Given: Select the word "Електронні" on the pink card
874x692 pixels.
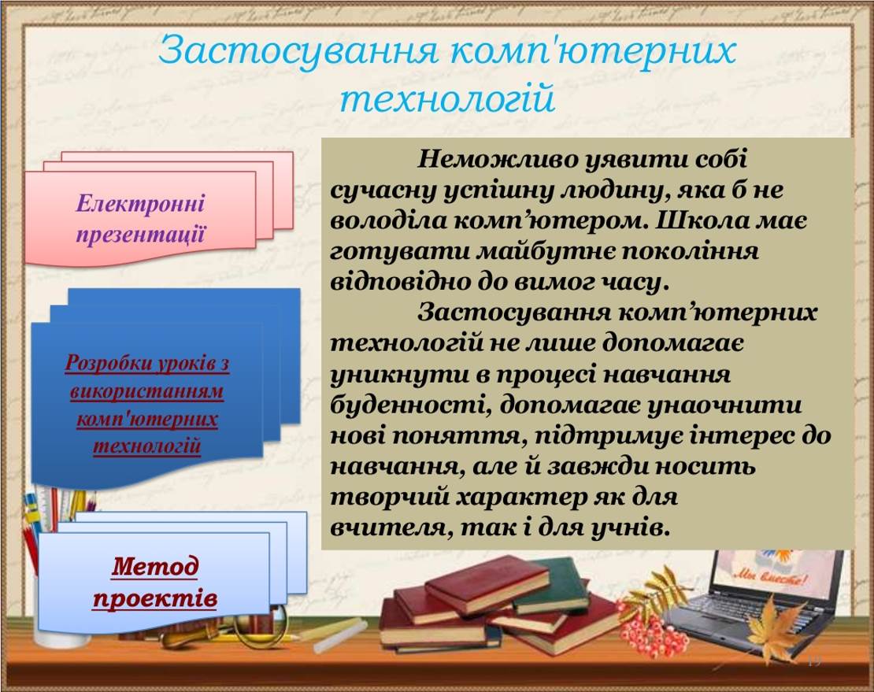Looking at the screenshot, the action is point(140,203).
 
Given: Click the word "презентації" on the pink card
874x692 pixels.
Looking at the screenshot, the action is point(140,234).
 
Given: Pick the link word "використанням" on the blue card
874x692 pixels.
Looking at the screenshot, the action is point(146,392).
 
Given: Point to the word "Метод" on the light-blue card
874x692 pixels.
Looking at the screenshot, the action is point(155,566).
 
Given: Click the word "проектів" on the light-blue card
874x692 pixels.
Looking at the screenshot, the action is point(155,598).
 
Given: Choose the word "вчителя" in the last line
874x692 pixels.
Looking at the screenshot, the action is point(390,527).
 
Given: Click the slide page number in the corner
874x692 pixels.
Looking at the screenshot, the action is point(814,662).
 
